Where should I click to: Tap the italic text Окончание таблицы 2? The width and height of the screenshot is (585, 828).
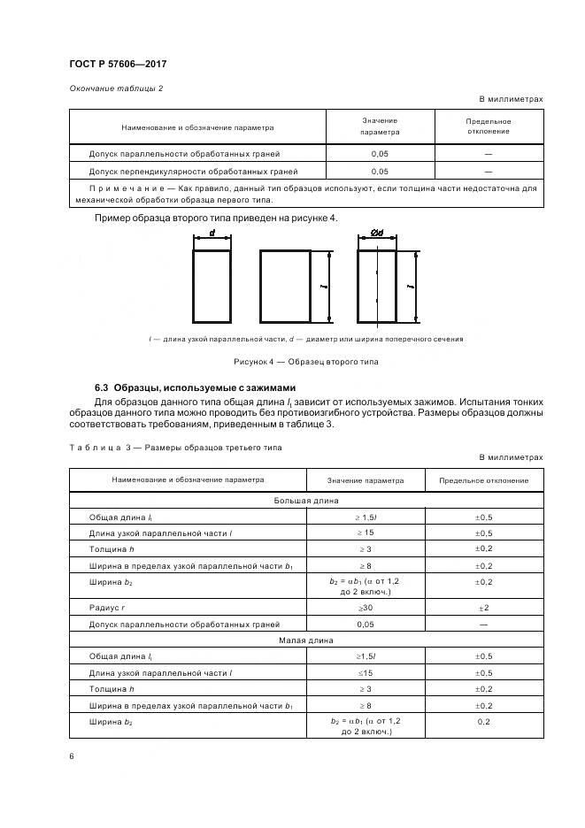click(116, 88)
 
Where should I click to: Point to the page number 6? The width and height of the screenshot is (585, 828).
click(71, 755)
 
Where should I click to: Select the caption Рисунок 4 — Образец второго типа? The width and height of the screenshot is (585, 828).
click(306, 362)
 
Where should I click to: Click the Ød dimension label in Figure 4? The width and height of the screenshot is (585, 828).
click(376, 234)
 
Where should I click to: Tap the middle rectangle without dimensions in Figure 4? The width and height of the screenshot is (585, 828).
click(284, 287)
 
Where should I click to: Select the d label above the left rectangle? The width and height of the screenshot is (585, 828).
click(212, 234)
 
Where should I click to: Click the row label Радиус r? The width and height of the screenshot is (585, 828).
click(109, 608)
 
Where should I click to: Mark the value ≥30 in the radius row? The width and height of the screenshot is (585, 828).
click(366, 608)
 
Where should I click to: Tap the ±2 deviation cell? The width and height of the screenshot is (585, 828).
click(484, 608)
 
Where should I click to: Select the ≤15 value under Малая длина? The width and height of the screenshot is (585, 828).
click(366, 673)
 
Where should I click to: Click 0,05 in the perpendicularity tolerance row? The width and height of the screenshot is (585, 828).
click(380, 171)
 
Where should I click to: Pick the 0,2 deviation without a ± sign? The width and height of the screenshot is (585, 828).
click(484, 722)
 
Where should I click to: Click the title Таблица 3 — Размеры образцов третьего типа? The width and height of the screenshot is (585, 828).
click(175, 448)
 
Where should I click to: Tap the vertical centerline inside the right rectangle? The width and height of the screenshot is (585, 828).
click(377, 287)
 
